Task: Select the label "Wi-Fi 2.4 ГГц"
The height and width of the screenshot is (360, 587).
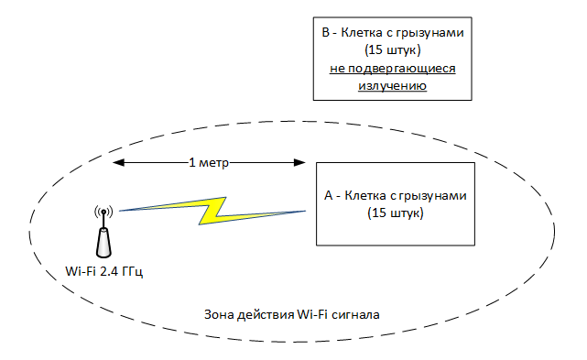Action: click(103, 271)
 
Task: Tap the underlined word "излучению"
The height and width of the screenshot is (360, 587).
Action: click(392, 86)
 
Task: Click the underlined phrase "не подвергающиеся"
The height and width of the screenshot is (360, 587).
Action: click(392, 69)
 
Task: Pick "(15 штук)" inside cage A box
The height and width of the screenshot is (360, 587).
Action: click(396, 213)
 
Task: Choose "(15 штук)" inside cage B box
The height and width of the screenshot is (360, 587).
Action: click(392, 51)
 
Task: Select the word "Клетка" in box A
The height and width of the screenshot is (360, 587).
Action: click(365, 196)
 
